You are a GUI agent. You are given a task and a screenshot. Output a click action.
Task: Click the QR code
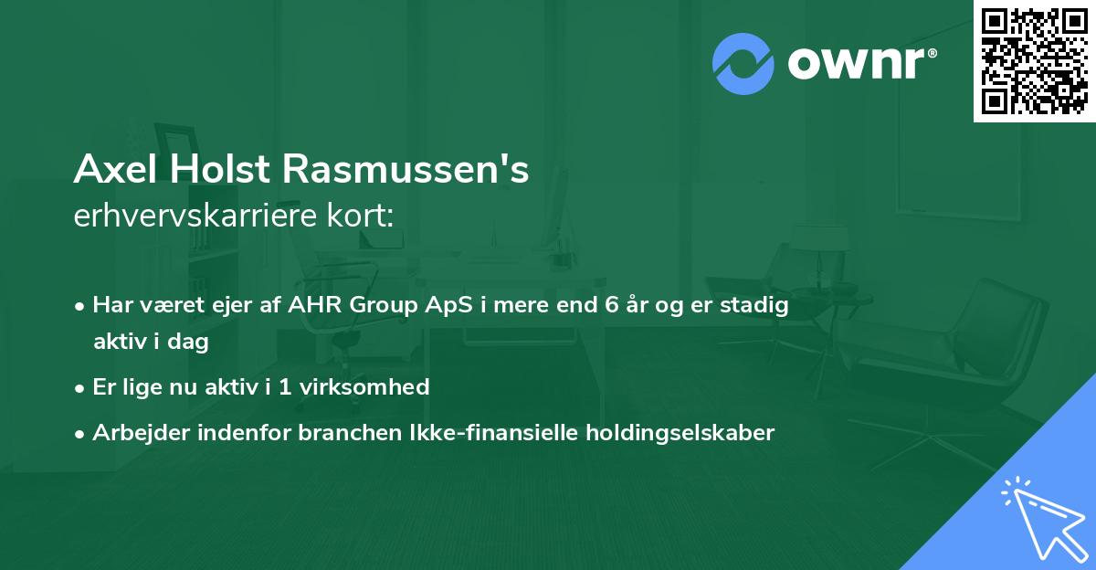point(1035,61)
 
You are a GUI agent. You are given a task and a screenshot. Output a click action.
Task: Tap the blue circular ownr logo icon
point(743,63)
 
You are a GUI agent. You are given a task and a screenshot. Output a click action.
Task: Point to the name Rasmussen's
point(406,170)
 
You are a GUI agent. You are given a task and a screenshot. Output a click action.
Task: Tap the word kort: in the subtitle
point(365,217)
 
